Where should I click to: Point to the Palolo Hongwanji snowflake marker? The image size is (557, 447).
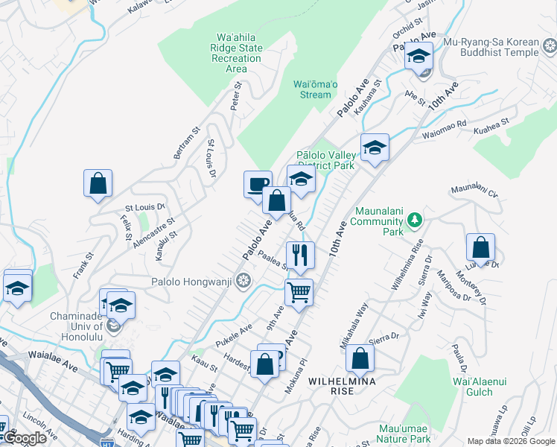[x=244, y=282]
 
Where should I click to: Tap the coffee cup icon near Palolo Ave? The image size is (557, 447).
[x=258, y=183]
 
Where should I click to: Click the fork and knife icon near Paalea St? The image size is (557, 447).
[x=300, y=254]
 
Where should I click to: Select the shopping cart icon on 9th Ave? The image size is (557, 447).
[x=299, y=291]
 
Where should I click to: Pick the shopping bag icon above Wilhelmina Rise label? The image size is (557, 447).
[x=360, y=358]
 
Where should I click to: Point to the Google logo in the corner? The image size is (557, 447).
[x=24, y=439]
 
